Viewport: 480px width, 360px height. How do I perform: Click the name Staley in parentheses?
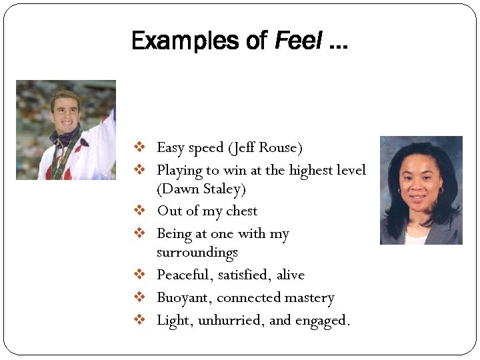click(x=223, y=189)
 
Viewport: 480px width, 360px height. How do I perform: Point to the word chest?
click(x=241, y=211)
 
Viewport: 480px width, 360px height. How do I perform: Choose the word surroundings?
click(x=197, y=253)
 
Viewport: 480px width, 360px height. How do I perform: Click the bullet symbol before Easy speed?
click(x=140, y=147)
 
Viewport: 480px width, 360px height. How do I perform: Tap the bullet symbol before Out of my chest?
click(x=140, y=211)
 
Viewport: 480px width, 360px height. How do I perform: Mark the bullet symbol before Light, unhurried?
click(x=140, y=320)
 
